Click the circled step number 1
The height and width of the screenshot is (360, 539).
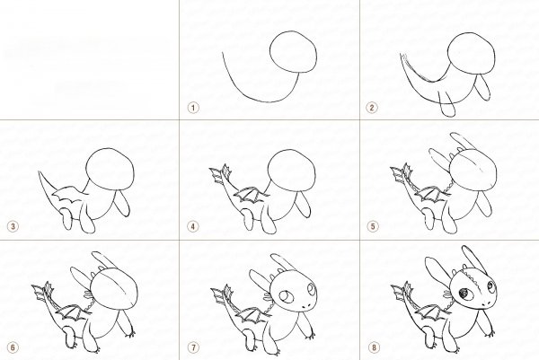pos(193,108)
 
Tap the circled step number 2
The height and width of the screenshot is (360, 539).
pos(372,108)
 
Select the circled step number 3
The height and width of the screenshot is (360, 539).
pos(13,226)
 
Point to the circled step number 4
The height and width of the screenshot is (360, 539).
pos(193,226)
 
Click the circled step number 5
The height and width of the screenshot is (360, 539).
pos(372,226)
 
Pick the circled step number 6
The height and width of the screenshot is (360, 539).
pos(13,347)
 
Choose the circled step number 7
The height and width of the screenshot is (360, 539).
pos(193,347)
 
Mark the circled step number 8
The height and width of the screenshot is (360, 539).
pos(375,347)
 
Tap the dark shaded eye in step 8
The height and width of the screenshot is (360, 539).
pos(464,294)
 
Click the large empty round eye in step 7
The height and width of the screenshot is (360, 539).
pos(285,296)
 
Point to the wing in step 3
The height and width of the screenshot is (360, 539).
pos(70,193)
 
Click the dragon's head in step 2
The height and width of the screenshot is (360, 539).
pos(472,53)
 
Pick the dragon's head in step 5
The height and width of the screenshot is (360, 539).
pos(473,170)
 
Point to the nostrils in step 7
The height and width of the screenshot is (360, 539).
pos(306,307)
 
